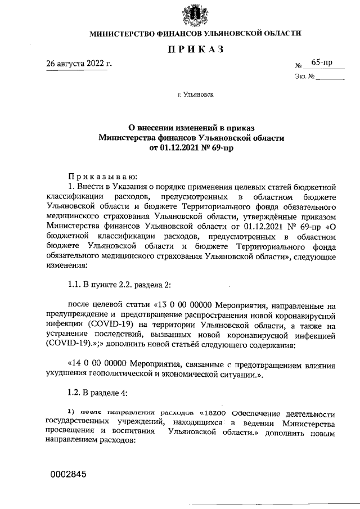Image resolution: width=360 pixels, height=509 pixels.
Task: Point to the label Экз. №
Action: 304,76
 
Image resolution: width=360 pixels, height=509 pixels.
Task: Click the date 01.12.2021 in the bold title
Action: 179,147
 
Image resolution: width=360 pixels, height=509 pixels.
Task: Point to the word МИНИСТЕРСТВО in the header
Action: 124,34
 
